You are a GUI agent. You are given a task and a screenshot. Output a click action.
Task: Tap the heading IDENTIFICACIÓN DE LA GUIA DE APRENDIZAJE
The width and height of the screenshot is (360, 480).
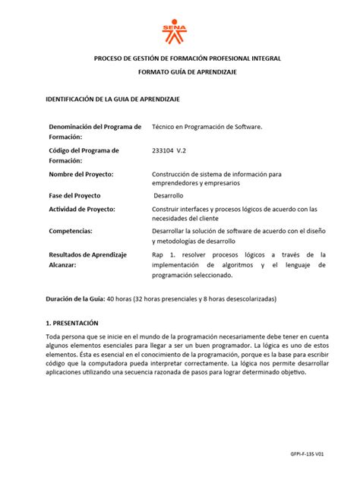click(x=112, y=99)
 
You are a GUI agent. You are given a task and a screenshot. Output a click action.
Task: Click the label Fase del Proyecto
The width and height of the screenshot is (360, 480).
click(x=80, y=195)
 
